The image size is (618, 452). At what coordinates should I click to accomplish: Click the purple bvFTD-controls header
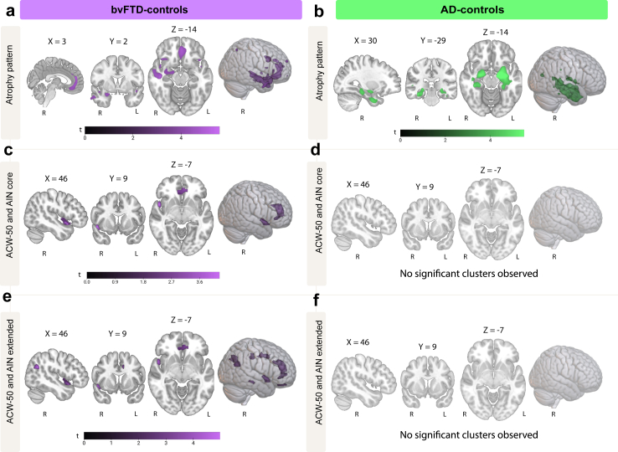click(161, 9)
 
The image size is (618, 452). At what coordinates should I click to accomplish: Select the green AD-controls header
click(471, 9)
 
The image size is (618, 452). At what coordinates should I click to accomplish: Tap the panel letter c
click(8, 151)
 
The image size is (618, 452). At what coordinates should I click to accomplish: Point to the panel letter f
click(317, 300)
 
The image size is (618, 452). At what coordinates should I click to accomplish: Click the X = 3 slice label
click(57, 41)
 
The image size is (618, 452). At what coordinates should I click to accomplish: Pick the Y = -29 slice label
click(433, 40)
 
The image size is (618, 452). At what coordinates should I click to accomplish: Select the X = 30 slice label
click(365, 40)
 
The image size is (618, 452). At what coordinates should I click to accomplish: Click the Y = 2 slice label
click(118, 41)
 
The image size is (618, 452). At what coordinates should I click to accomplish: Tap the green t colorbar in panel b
click(462, 133)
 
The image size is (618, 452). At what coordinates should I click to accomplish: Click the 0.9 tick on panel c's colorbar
click(115, 282)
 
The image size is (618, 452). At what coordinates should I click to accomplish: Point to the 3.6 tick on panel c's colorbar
click(199, 282)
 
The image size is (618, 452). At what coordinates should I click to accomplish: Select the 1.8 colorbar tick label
click(143, 282)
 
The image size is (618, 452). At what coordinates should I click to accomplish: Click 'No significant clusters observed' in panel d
click(469, 274)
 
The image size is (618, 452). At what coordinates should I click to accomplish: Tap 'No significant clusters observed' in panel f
click(469, 434)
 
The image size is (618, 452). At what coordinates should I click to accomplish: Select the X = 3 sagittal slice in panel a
click(55, 82)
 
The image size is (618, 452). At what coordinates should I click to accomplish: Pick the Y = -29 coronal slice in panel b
click(430, 82)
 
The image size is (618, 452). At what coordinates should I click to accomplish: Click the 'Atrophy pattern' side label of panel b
click(318, 71)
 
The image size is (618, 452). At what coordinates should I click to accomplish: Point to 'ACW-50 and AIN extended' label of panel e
click(10, 372)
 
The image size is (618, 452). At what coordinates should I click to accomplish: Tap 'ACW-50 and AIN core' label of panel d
click(318, 211)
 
